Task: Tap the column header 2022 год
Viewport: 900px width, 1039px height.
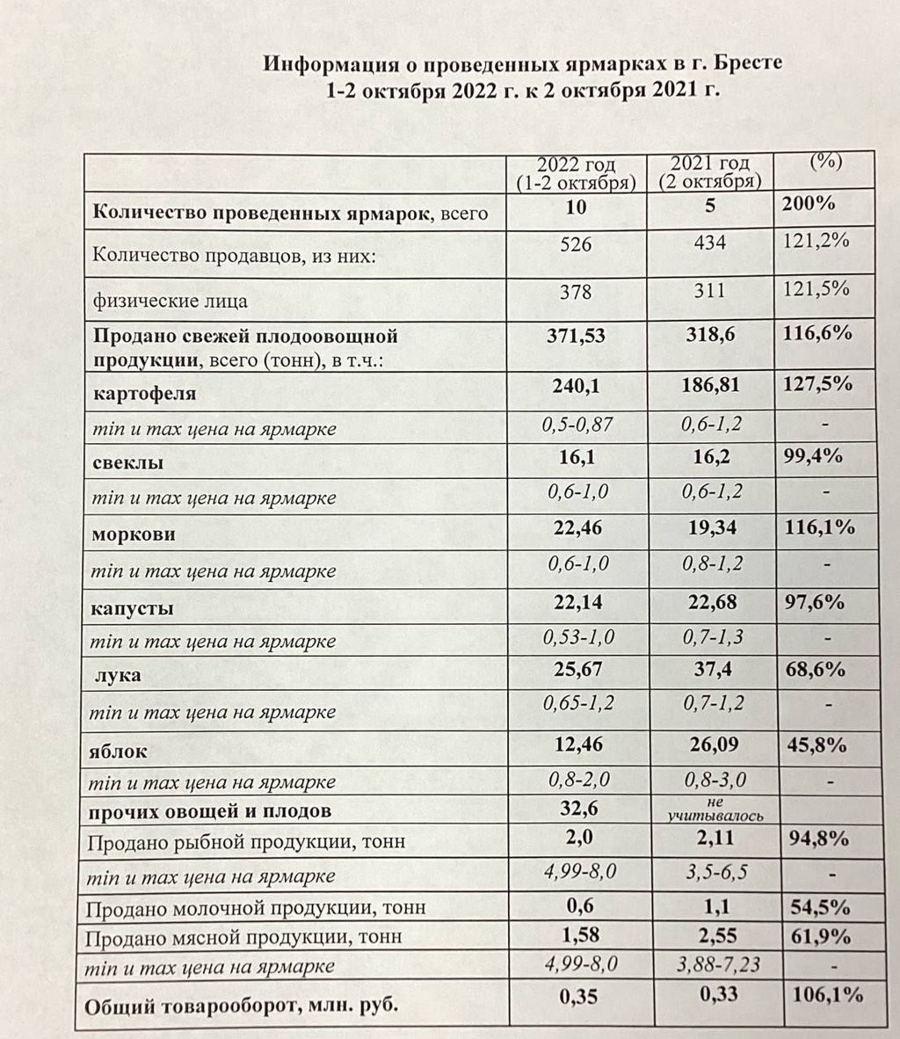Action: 577,165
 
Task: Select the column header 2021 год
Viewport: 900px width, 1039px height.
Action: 710,164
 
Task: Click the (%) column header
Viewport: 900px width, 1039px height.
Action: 824,162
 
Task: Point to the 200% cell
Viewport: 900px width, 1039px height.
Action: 808,204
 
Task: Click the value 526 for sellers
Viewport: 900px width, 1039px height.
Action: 576,244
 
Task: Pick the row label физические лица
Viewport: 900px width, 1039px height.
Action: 170,301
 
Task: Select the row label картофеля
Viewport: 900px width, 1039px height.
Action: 144,394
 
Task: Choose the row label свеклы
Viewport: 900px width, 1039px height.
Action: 128,462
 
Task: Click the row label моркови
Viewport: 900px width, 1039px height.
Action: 134,534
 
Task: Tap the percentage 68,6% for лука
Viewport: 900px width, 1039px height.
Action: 814,670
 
